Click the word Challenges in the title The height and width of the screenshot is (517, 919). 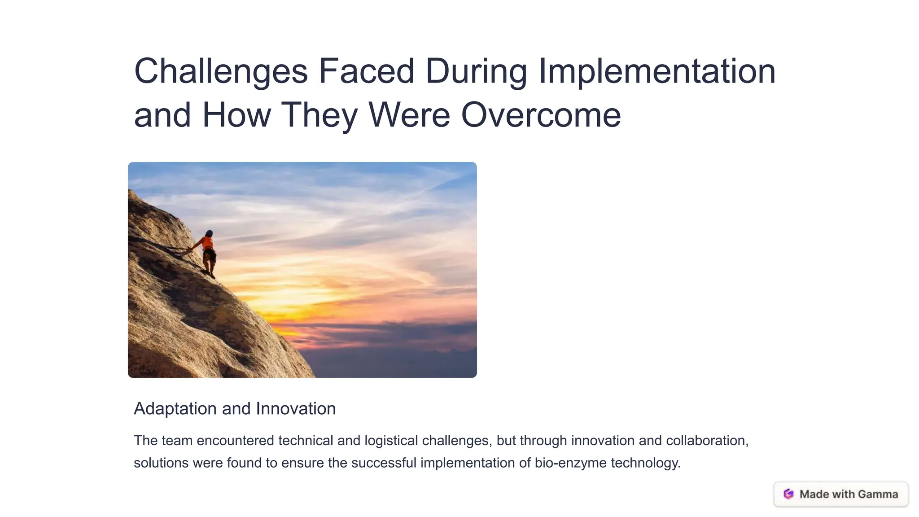point(221,72)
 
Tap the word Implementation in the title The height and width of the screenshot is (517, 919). point(657,72)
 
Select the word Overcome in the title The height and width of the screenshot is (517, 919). point(541,115)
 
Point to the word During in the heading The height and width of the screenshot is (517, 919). point(476,72)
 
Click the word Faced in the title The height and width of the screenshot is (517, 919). point(366,72)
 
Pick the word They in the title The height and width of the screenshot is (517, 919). point(319,115)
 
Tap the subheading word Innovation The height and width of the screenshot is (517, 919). point(295,409)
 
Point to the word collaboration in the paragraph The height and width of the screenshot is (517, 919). point(707,441)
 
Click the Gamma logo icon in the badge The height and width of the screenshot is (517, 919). point(788,494)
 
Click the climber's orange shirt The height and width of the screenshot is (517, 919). point(207,243)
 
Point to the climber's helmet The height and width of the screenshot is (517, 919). point(209,233)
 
